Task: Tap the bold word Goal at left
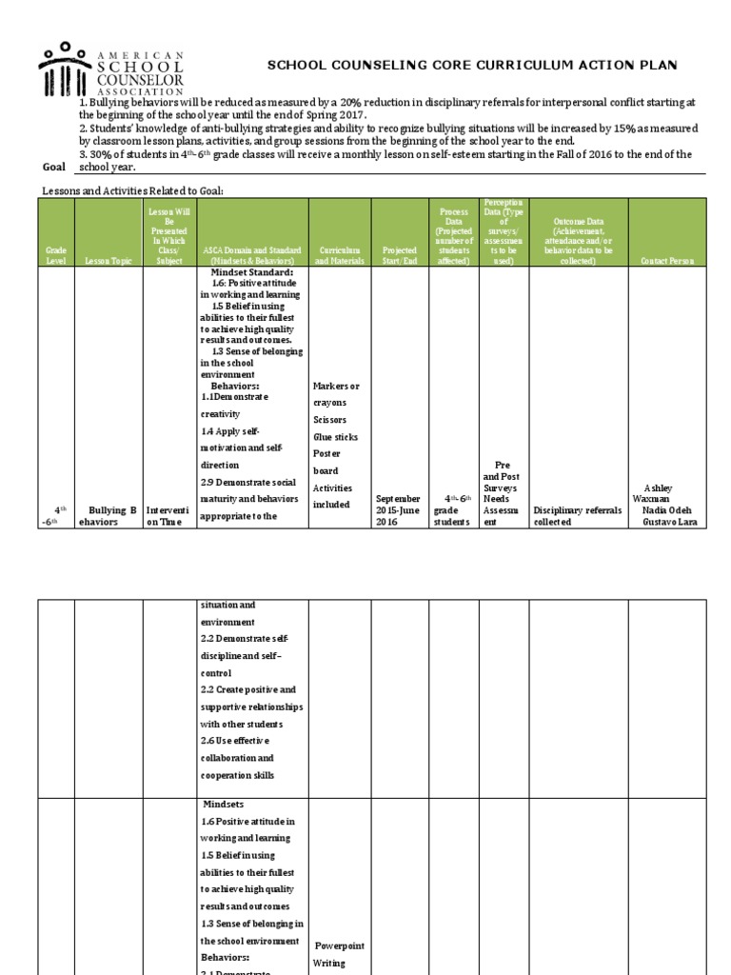coord(54,166)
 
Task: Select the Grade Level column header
coord(56,255)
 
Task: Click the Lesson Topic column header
coord(108,260)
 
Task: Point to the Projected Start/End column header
coord(400,255)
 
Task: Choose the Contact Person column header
coord(667,260)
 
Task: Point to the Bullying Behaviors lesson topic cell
coord(108,515)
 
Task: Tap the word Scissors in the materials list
coord(329,419)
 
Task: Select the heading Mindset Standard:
coord(252,271)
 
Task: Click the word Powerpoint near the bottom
coord(340,945)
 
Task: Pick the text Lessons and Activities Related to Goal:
coord(132,190)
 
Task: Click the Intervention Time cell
coord(168,515)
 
